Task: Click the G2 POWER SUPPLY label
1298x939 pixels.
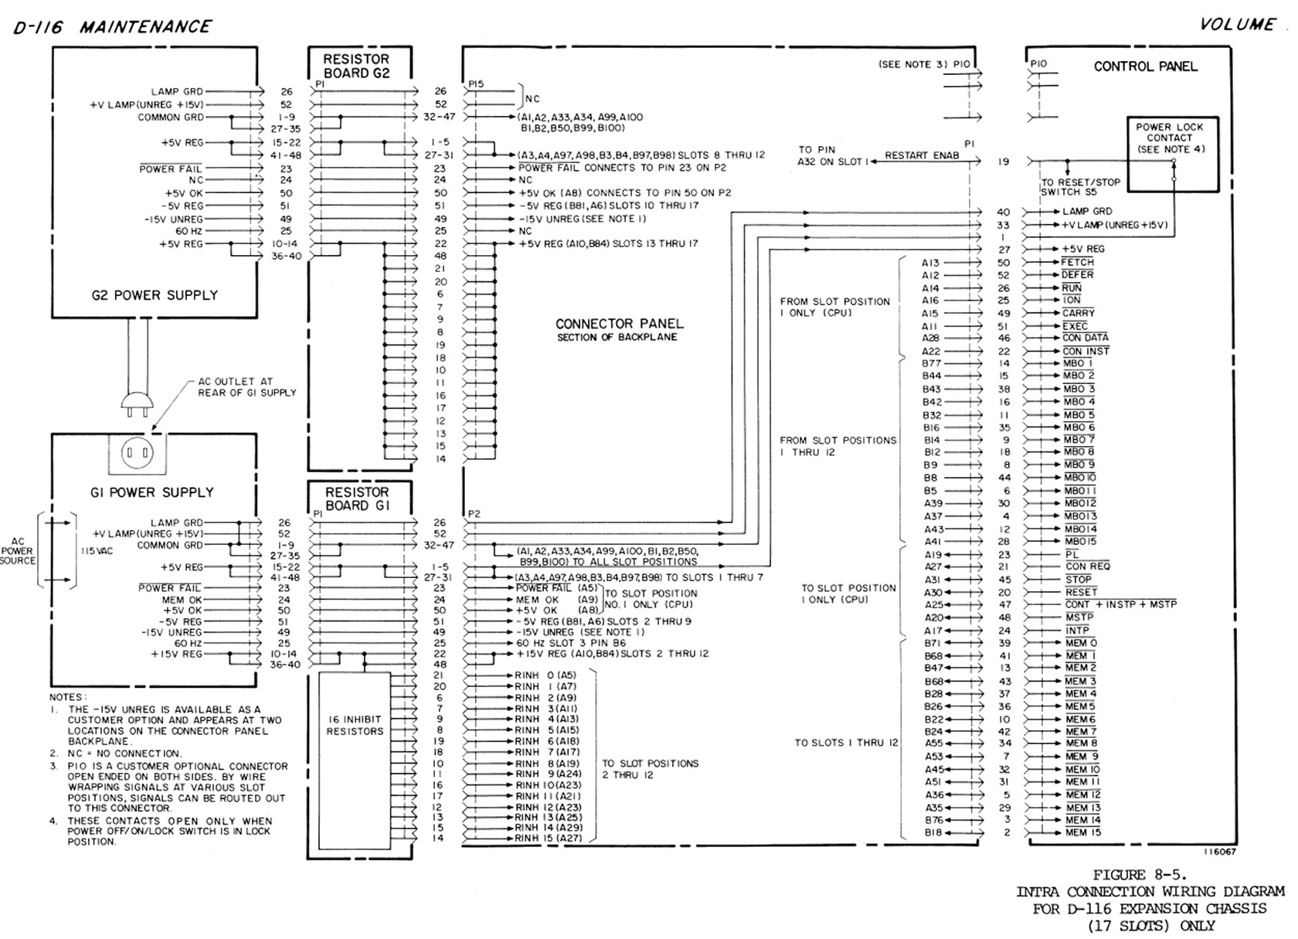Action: pyautogui.click(x=155, y=295)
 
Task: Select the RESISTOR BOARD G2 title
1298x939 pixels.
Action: pyautogui.click(x=356, y=66)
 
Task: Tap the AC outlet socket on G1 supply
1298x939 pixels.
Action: pyautogui.click(x=137, y=452)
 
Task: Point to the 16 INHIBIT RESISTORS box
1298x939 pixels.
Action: pyautogui.click(x=355, y=725)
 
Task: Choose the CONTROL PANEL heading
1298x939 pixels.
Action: pyautogui.click(x=1145, y=66)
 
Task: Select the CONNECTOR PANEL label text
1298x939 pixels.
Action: pyautogui.click(x=619, y=324)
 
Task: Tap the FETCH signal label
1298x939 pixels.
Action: pyautogui.click(x=1077, y=262)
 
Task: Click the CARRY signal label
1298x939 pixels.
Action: pyautogui.click(x=1078, y=313)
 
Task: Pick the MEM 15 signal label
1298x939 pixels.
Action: pyautogui.click(x=1082, y=832)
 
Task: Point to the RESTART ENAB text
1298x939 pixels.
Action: pyautogui.click(x=921, y=155)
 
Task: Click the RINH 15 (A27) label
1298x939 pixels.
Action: pyautogui.click(x=549, y=838)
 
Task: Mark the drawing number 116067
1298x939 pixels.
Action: pyautogui.click(x=1219, y=852)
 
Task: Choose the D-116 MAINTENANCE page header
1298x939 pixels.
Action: pyautogui.click(x=112, y=27)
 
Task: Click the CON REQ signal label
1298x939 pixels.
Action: pyautogui.click(x=1087, y=566)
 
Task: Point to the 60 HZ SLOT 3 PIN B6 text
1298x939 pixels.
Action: pyautogui.click(x=571, y=643)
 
